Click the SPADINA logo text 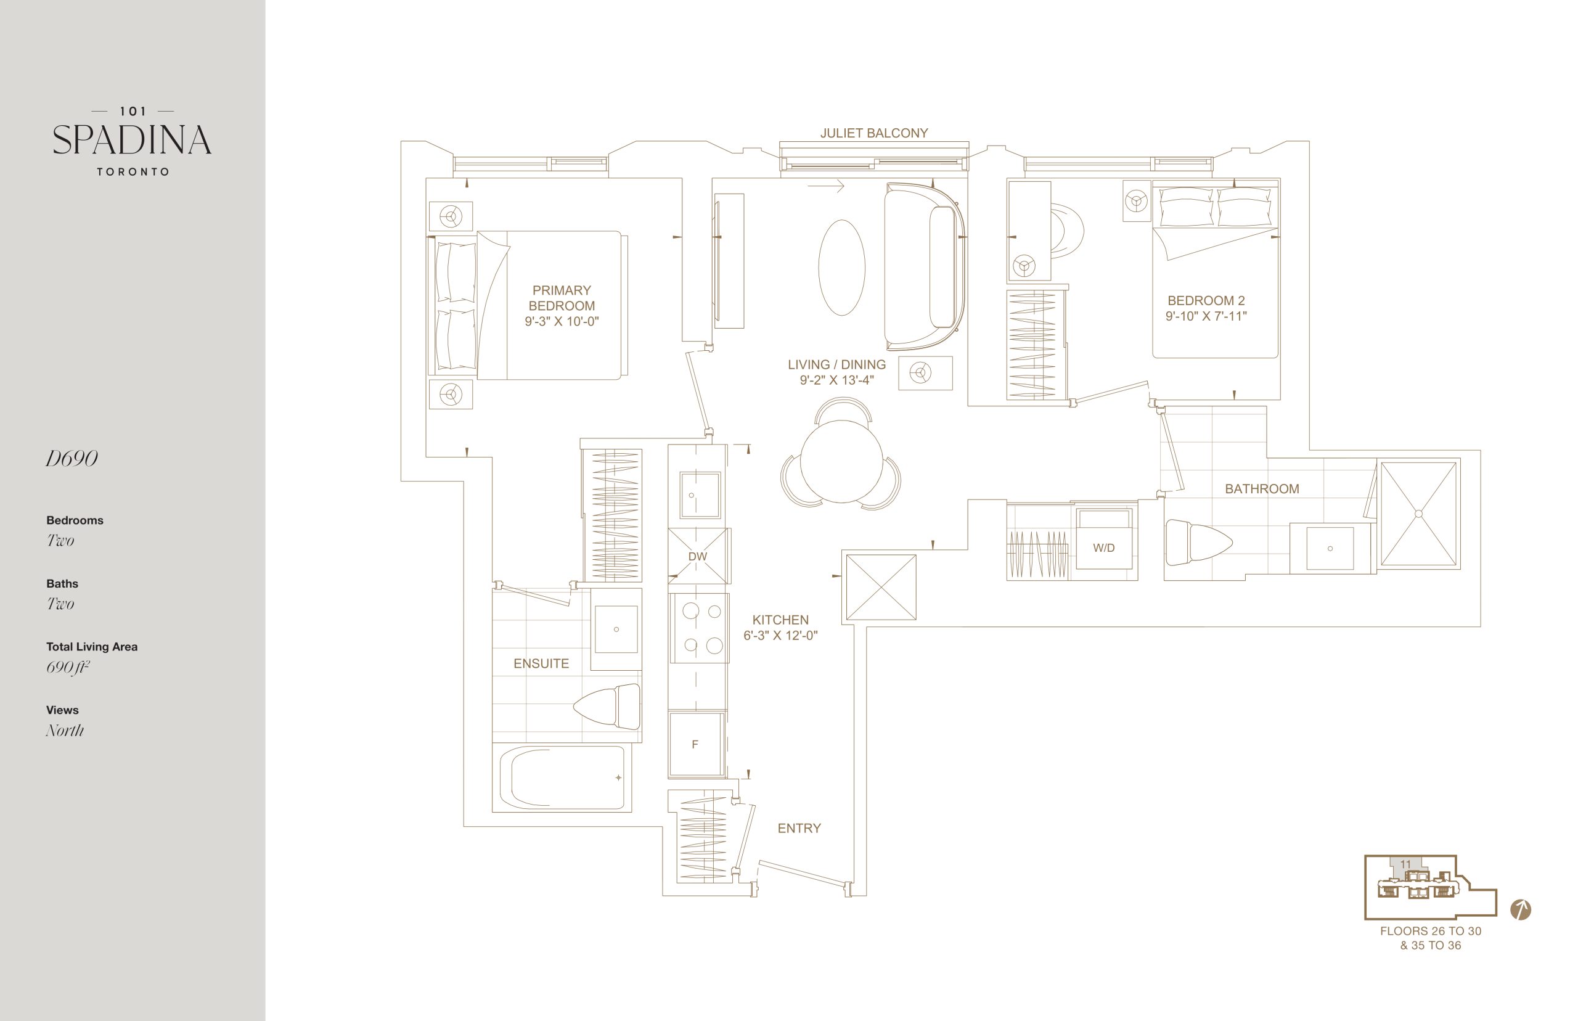pyautogui.click(x=132, y=140)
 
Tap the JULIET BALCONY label pyautogui.click(x=873, y=133)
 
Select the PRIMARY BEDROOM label pyautogui.click(x=562, y=298)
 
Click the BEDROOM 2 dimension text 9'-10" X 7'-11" pyautogui.click(x=1206, y=316)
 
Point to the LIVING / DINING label pyautogui.click(x=836, y=364)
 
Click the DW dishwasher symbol pyautogui.click(x=698, y=556)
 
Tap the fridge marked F pyautogui.click(x=695, y=744)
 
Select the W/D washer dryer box pyautogui.click(x=1103, y=538)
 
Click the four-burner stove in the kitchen pyautogui.click(x=699, y=628)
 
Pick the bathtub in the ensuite pyautogui.click(x=562, y=777)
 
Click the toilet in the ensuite pyautogui.click(x=607, y=706)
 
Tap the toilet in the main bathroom pyautogui.click(x=1198, y=543)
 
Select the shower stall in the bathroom pyautogui.click(x=1419, y=514)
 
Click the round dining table pyautogui.click(x=841, y=461)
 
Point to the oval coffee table pyautogui.click(x=841, y=267)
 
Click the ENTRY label pyautogui.click(x=799, y=828)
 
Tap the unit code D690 pyautogui.click(x=72, y=459)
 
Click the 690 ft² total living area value pyautogui.click(x=68, y=667)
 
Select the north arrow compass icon pyautogui.click(x=1520, y=909)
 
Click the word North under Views pyautogui.click(x=65, y=731)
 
